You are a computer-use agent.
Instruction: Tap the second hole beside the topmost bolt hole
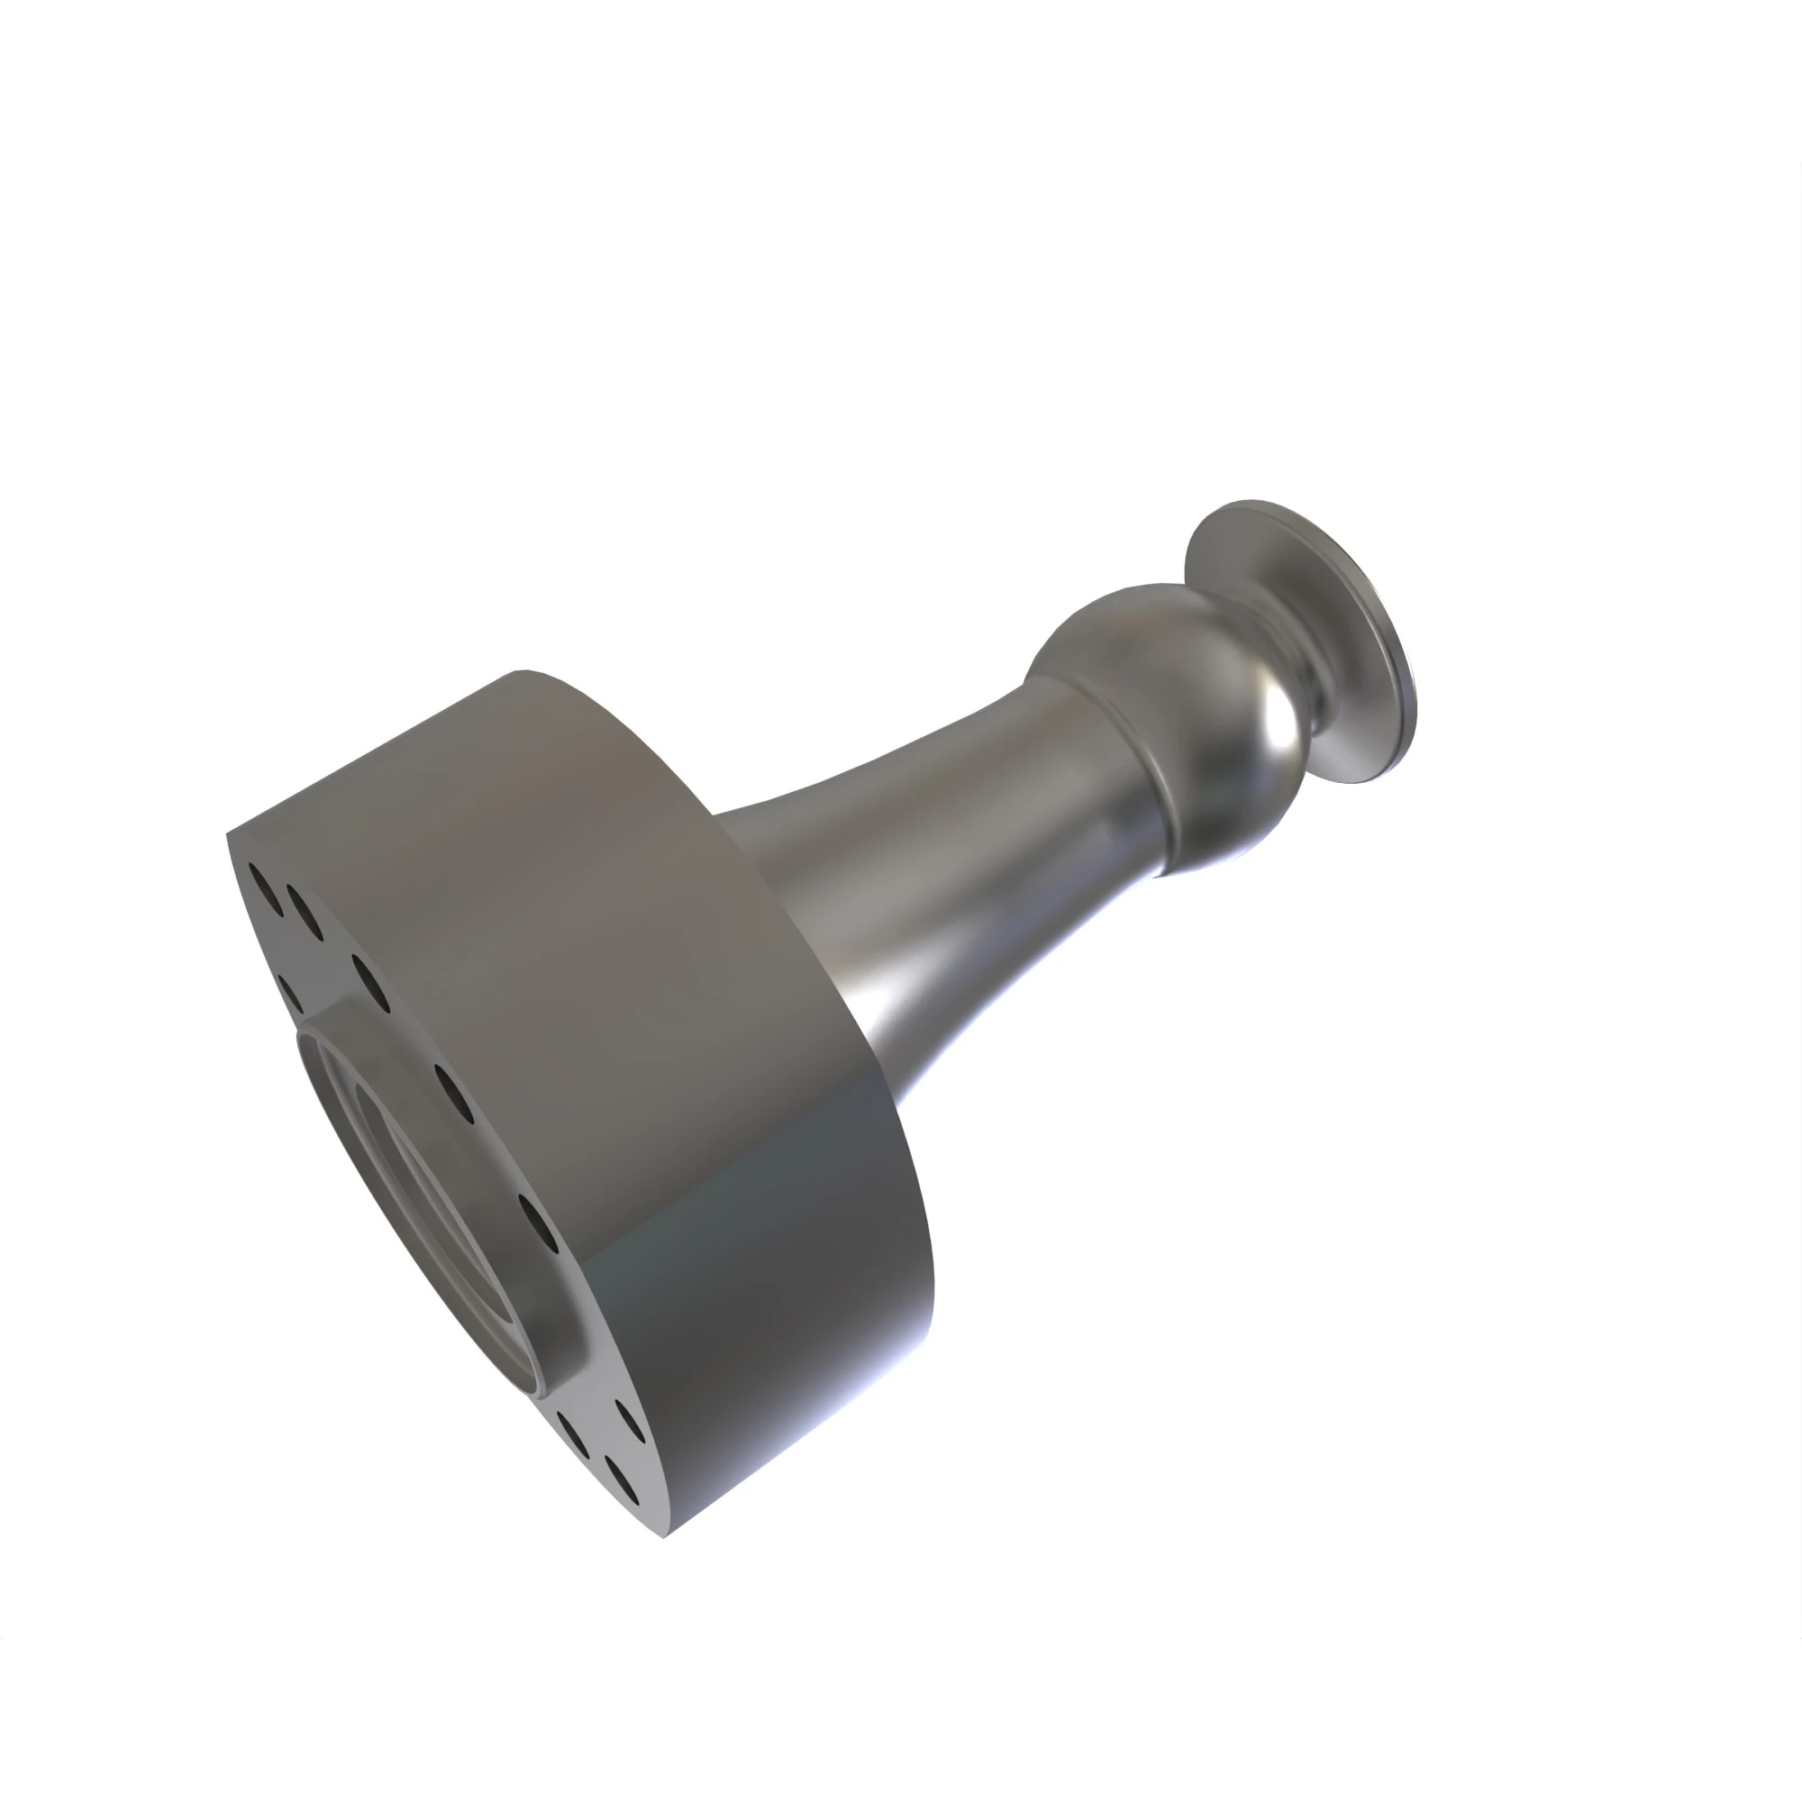304,913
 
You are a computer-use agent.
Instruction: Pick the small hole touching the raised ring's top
290,993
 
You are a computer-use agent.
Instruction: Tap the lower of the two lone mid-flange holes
537,1223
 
